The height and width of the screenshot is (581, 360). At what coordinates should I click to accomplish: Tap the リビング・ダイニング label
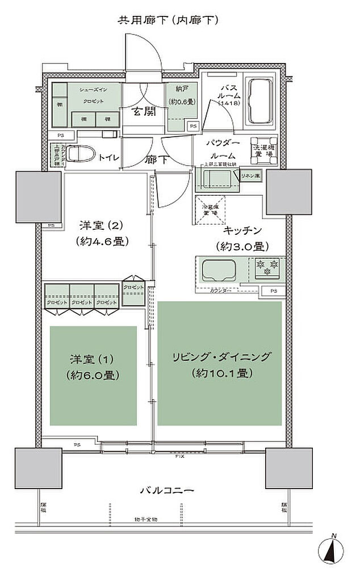[220, 357]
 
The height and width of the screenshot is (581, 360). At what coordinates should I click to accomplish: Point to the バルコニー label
[168, 490]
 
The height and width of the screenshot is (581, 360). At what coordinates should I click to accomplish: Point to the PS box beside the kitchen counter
[274, 292]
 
